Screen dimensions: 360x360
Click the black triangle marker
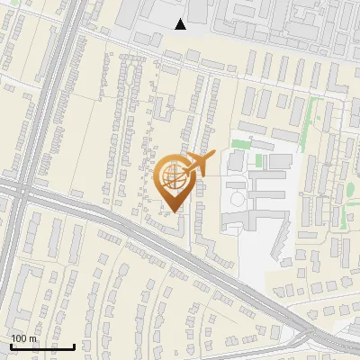click(x=181, y=24)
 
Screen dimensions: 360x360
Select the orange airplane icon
click(x=199, y=164)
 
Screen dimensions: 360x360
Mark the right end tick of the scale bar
click(x=74, y=346)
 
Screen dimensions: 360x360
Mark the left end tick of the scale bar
click(x=11, y=346)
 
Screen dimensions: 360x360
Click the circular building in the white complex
click(x=237, y=196)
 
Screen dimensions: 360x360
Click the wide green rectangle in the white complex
click(x=240, y=144)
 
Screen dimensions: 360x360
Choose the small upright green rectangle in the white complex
click(x=259, y=161)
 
